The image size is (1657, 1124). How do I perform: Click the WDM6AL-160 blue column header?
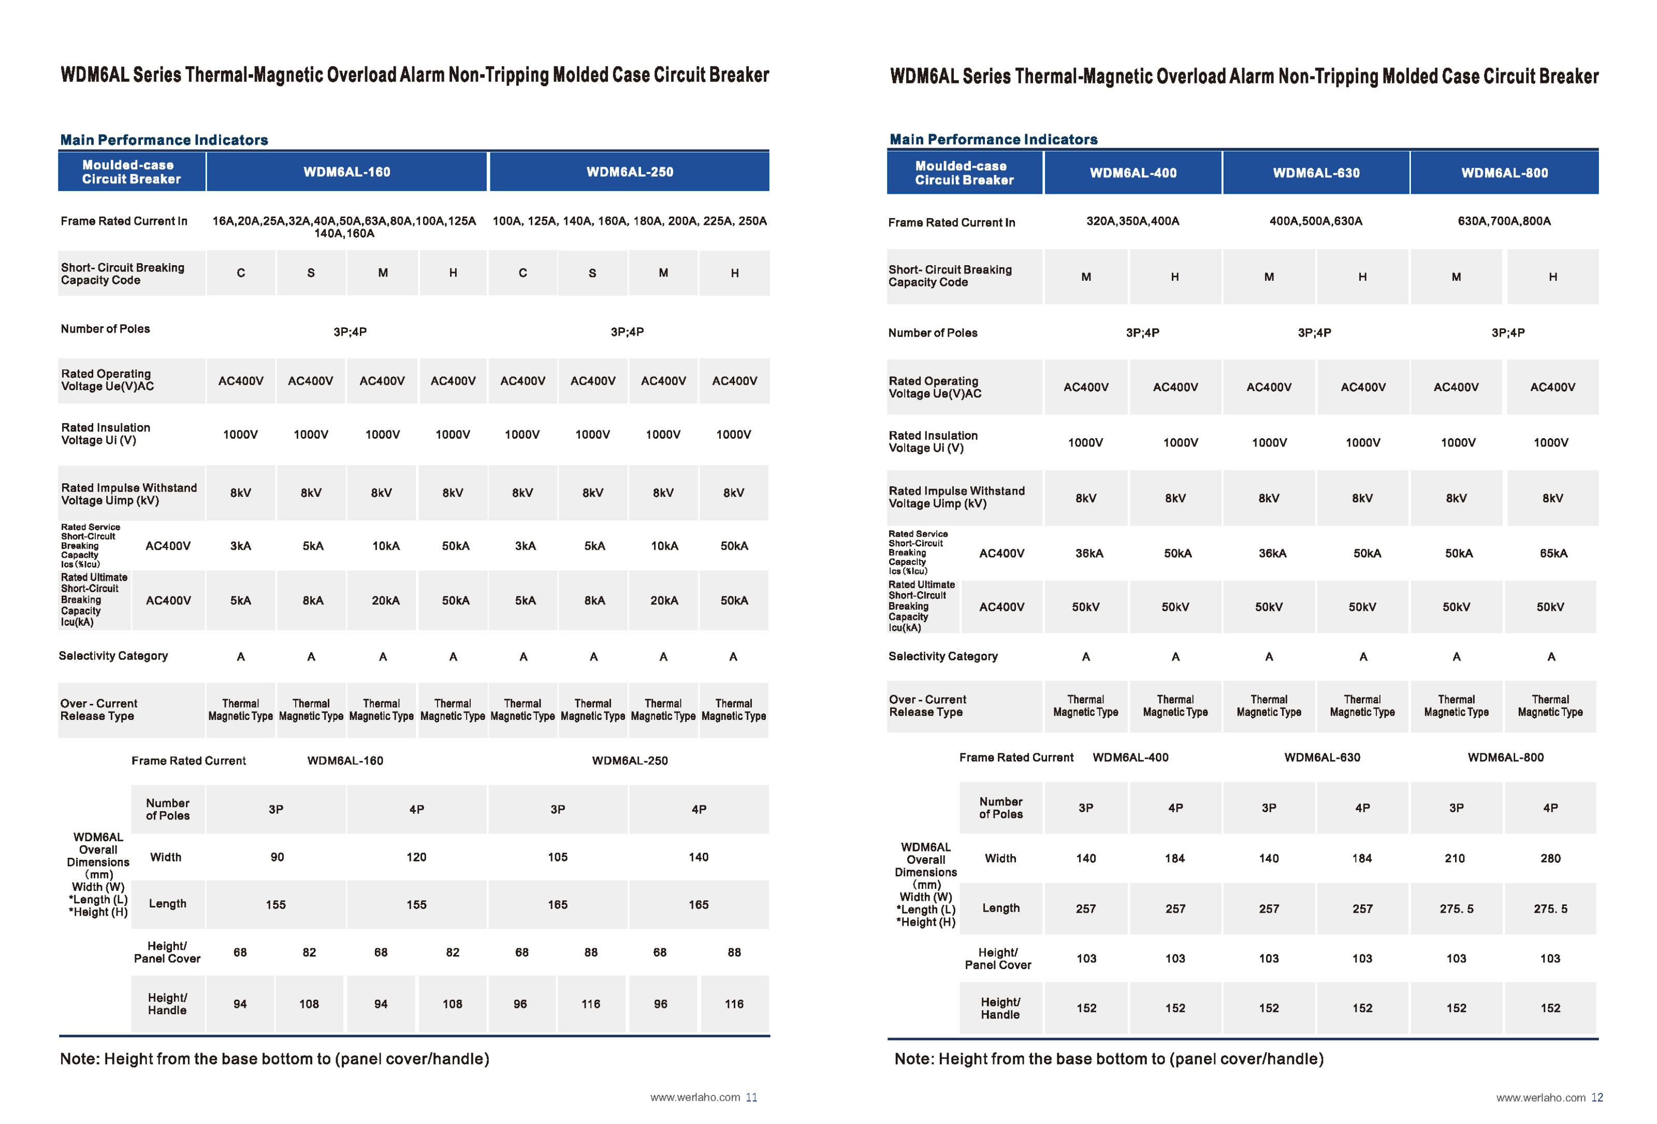346,172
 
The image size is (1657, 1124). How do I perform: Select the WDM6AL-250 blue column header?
630,172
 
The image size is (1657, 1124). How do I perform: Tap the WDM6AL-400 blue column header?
1133,172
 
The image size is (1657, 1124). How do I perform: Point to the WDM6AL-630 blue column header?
1316,172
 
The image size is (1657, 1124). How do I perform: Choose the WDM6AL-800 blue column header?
1504,172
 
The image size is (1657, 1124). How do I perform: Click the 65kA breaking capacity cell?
1553,553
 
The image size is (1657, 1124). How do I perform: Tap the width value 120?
416,857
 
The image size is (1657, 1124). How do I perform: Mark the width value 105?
558,857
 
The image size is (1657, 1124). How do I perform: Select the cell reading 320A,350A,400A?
1132,221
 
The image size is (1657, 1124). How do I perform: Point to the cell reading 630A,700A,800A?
1504,221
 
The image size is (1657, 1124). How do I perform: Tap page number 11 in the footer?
751,1098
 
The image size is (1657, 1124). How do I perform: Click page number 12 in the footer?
1597,1098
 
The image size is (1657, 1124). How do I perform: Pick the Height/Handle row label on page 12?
1000,1008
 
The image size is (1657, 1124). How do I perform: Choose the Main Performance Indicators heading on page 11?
164,140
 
